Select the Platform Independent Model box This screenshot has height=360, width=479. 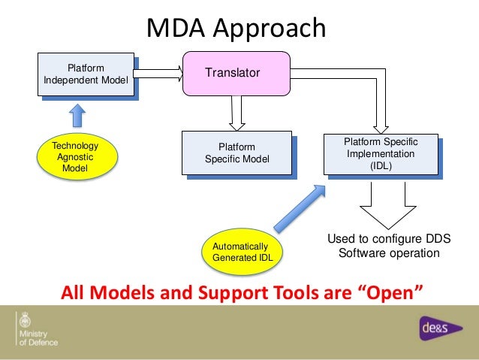[x=86, y=74]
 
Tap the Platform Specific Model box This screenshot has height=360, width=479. [x=236, y=153]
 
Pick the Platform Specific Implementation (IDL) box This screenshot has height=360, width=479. [x=381, y=154]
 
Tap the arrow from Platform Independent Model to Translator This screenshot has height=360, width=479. [x=160, y=73]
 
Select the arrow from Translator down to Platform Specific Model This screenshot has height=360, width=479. [x=237, y=113]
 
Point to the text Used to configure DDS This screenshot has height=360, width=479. [x=388, y=239]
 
